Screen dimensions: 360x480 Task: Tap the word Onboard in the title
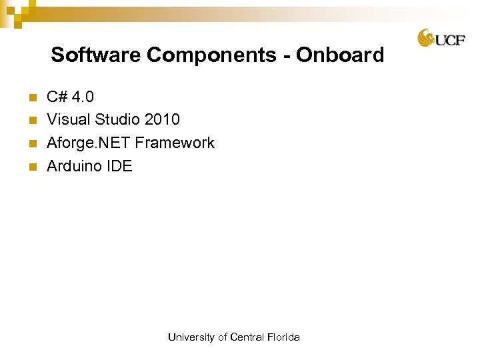click(340, 55)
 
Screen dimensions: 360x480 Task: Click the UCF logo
click(441, 38)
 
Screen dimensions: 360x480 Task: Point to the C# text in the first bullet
click(57, 97)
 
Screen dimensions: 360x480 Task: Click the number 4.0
click(83, 97)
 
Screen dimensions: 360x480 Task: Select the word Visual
click(69, 120)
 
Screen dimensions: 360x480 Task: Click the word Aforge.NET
click(89, 143)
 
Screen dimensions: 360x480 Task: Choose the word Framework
click(175, 143)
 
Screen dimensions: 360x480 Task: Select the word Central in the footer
click(247, 337)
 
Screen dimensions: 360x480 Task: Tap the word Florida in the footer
click(283, 337)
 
